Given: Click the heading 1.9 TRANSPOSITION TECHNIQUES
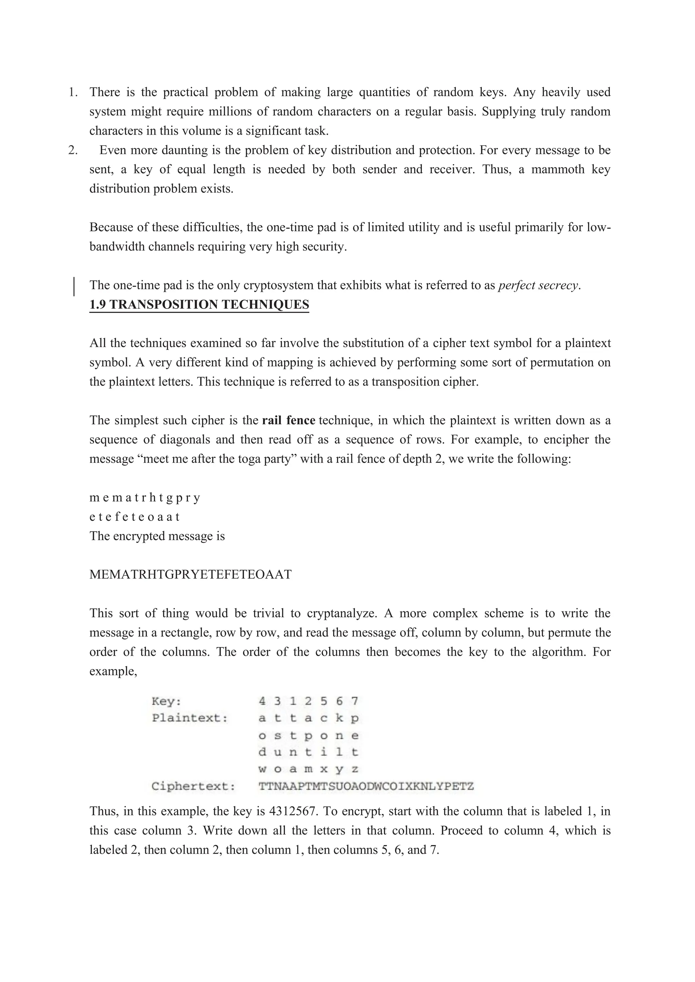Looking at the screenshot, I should pyautogui.click(x=199, y=305).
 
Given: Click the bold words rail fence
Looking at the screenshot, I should pyautogui.click(x=288, y=420).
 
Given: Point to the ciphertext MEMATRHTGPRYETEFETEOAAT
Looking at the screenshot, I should pyautogui.click(x=190, y=574).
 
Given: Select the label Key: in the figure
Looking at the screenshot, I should pyautogui.click(x=167, y=702).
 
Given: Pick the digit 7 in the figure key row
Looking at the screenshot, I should pyautogui.click(x=355, y=702).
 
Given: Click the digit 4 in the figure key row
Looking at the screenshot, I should pyautogui.click(x=262, y=702).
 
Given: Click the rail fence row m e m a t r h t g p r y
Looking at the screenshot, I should pyautogui.click(x=145, y=498).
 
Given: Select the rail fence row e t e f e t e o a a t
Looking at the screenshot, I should pyautogui.click(x=134, y=517).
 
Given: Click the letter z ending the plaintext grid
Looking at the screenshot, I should pyautogui.click(x=355, y=769).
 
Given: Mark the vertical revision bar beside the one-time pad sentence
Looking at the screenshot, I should pyautogui.click(x=74, y=287).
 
